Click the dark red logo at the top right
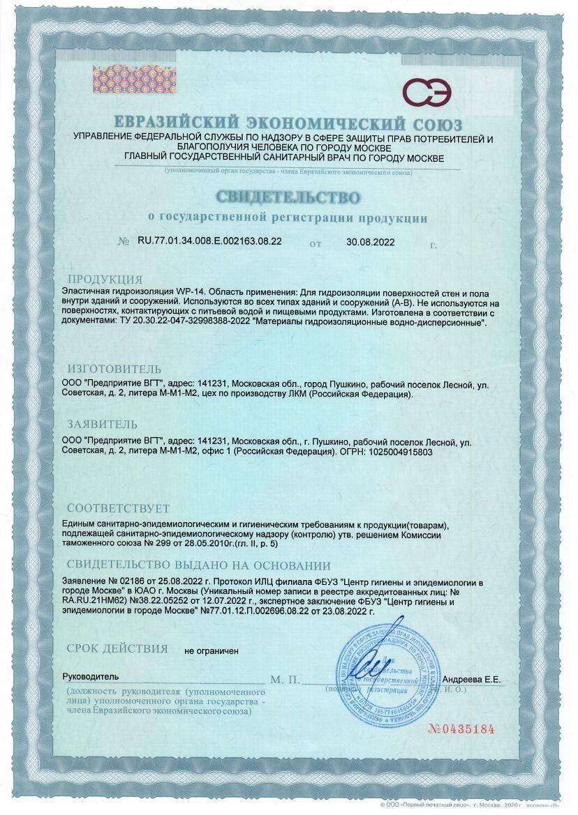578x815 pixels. click(x=427, y=91)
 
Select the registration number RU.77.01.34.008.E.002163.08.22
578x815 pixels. click(x=209, y=241)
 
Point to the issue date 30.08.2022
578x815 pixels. click(x=371, y=242)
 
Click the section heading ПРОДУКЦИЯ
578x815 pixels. click(x=105, y=280)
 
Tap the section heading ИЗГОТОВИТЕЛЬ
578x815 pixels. click(x=114, y=369)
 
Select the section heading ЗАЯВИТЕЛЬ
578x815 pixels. click(x=102, y=424)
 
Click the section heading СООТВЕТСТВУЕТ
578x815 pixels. click(x=118, y=509)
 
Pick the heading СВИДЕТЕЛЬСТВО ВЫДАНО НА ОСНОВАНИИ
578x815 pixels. click(x=198, y=565)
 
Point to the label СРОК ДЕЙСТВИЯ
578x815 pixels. click(x=117, y=648)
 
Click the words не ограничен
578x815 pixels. click(x=211, y=650)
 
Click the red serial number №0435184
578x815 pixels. click(x=461, y=729)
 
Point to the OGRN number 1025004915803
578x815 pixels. click(x=394, y=452)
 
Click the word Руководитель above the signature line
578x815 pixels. click(x=91, y=677)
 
